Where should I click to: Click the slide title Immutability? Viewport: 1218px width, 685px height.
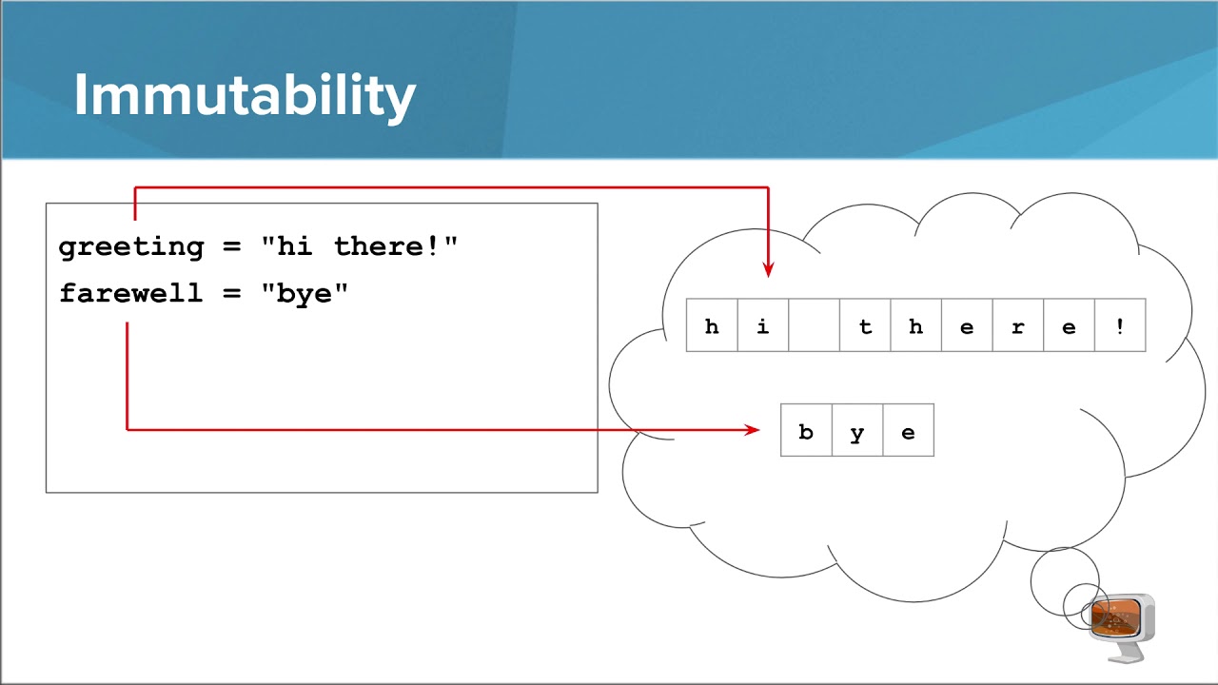(x=245, y=95)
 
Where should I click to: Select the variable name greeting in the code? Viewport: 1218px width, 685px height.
(x=131, y=247)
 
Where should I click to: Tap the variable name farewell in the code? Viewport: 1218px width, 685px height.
(x=131, y=293)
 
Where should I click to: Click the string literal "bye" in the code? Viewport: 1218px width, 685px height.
(x=304, y=293)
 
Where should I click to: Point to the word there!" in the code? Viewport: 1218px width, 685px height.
(x=396, y=246)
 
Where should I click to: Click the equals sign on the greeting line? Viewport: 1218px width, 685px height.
(x=232, y=247)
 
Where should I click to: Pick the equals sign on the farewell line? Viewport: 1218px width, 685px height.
(x=232, y=293)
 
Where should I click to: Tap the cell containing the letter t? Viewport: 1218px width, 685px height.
(x=865, y=326)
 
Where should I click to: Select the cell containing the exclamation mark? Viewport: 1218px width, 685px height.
(x=1120, y=326)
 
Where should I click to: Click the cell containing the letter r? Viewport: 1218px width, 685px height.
(x=1018, y=326)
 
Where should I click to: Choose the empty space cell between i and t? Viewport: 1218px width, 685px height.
(x=814, y=326)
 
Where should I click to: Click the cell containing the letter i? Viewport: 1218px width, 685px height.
(x=763, y=326)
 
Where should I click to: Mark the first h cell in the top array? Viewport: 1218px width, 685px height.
(x=712, y=326)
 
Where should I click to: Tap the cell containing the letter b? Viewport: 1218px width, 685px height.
(x=806, y=431)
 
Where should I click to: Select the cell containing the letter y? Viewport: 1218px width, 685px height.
(x=857, y=431)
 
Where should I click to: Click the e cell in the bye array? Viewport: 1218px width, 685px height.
(x=908, y=431)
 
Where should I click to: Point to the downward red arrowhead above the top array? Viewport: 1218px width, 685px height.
(x=768, y=269)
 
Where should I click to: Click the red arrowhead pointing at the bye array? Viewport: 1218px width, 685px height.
(x=753, y=430)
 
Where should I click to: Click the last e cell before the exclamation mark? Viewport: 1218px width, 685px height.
(x=1069, y=326)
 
